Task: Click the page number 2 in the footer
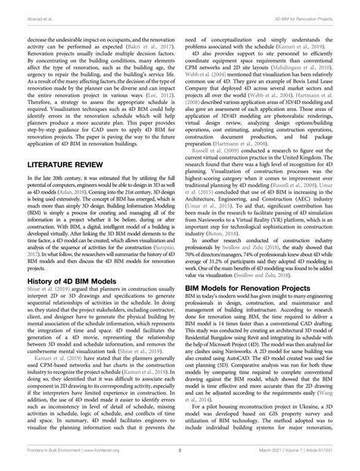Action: [180, 450]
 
